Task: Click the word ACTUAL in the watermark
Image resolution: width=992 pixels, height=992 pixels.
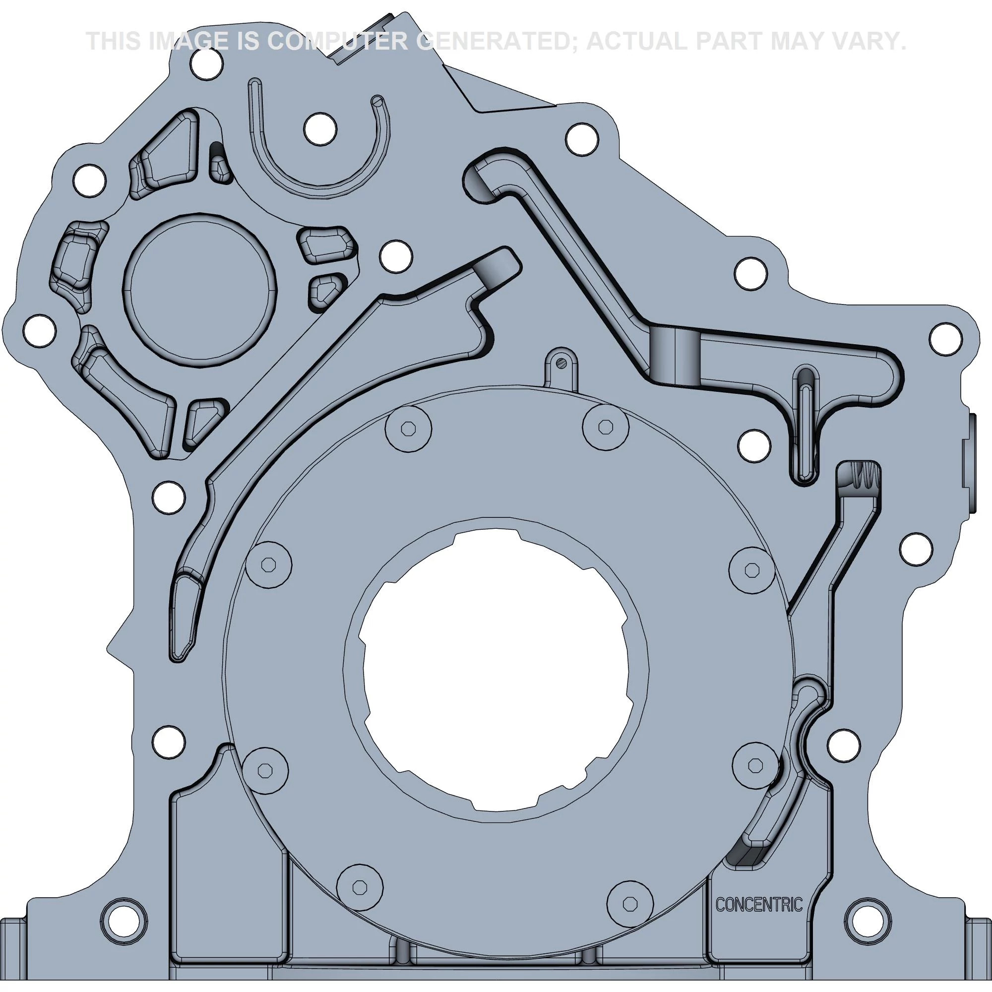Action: [x=637, y=41]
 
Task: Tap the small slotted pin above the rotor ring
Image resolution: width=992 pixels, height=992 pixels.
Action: [x=562, y=363]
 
